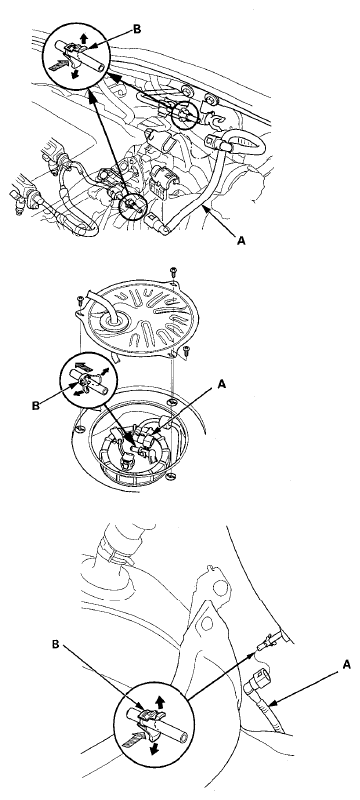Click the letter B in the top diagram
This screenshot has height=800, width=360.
[x=137, y=29]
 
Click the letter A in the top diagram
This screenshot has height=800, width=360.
[x=241, y=240]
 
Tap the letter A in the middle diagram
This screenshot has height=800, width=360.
[x=221, y=385]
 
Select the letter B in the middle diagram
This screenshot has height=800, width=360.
[x=36, y=406]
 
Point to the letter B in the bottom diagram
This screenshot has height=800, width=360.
[x=56, y=645]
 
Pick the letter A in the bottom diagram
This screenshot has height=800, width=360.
[x=347, y=664]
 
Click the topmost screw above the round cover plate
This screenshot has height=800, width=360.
[x=173, y=271]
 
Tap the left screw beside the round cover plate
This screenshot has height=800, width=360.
[x=80, y=300]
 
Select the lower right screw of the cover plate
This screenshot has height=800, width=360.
[x=186, y=350]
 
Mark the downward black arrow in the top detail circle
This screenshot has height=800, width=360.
[x=75, y=73]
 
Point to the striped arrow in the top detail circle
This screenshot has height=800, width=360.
[x=58, y=64]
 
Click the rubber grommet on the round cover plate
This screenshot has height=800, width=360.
[x=111, y=320]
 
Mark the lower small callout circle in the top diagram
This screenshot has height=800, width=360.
[x=133, y=206]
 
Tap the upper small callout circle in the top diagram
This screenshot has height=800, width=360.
[x=184, y=115]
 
